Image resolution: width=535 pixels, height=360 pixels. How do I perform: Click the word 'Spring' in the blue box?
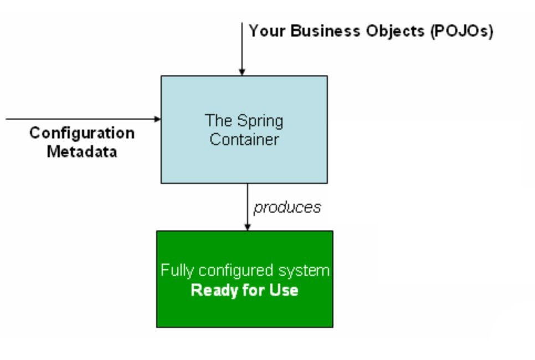click(260, 121)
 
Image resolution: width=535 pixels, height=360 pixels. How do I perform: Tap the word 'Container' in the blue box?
click(244, 139)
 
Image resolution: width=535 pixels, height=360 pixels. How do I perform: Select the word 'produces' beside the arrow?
click(287, 207)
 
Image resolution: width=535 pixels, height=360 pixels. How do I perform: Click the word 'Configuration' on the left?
click(81, 133)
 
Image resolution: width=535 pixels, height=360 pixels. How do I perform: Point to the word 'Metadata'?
click(81, 151)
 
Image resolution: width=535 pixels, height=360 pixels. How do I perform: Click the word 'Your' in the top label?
click(267, 30)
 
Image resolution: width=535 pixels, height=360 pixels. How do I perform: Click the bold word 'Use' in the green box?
click(285, 290)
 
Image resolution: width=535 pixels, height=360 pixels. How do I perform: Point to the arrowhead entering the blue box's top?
click(242, 72)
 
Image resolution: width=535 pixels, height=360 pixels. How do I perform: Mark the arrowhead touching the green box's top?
click(248, 227)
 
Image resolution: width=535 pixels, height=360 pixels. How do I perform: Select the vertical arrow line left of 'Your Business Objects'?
click(242, 44)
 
